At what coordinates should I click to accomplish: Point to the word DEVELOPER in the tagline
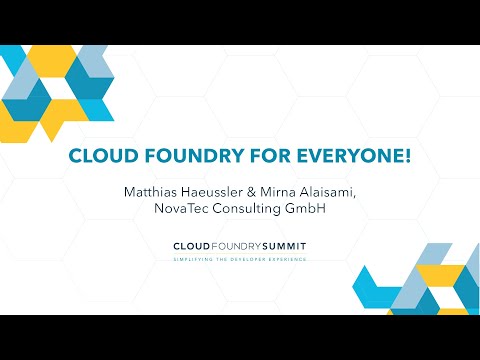point(250,259)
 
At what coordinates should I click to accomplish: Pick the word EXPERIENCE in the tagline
point(289,259)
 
